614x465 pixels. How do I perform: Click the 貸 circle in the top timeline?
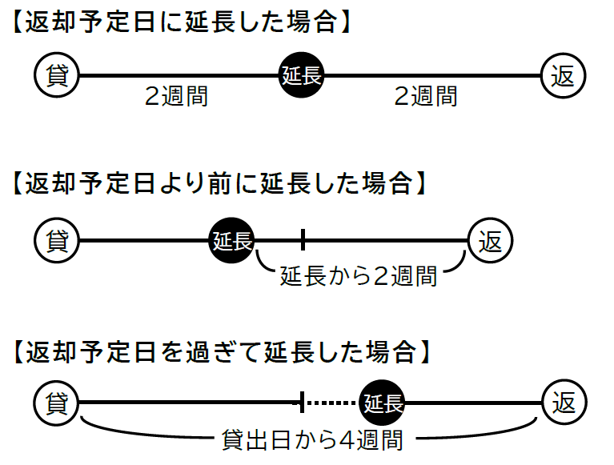[56, 76]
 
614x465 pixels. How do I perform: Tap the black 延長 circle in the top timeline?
[301, 76]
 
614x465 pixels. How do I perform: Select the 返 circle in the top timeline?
[564, 76]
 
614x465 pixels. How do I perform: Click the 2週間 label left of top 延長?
[176, 96]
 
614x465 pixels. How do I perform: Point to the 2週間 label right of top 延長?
[426, 96]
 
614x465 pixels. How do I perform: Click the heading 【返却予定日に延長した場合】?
[182, 20]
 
